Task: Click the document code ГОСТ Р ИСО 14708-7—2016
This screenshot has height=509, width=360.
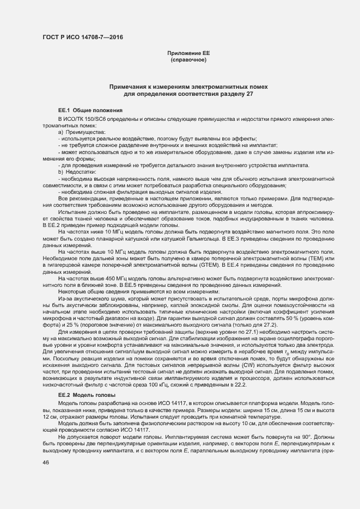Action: (x=82, y=37)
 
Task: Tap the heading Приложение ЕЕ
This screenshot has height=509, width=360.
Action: (x=188, y=53)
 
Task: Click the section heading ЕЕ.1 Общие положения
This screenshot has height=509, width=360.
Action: (x=87, y=111)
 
